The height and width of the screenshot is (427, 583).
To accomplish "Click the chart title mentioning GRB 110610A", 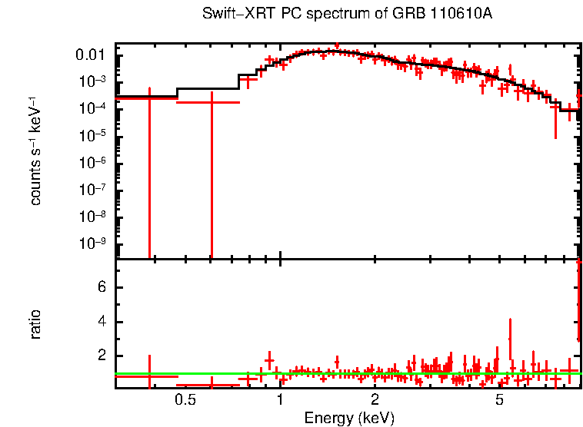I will (x=347, y=15).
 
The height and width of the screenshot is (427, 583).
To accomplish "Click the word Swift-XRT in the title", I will (x=230, y=15).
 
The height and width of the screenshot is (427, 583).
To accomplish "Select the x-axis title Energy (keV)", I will (x=349, y=418).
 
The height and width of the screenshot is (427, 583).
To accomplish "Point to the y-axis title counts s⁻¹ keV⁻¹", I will (x=35, y=151).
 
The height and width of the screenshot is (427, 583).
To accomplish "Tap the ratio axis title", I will (x=35, y=324).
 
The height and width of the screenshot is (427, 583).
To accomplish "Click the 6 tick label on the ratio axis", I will (x=100, y=287).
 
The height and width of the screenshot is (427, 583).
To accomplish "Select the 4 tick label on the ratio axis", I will (x=100, y=321).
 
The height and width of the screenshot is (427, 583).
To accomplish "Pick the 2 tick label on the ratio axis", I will (x=100, y=356).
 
